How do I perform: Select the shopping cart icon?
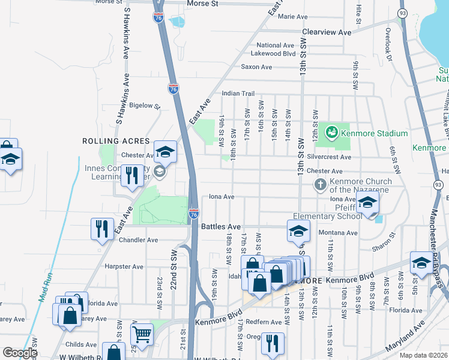(142, 334)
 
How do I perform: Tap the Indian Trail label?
(238, 94)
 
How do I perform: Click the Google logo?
(20, 353)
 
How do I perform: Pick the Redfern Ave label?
(264, 322)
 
